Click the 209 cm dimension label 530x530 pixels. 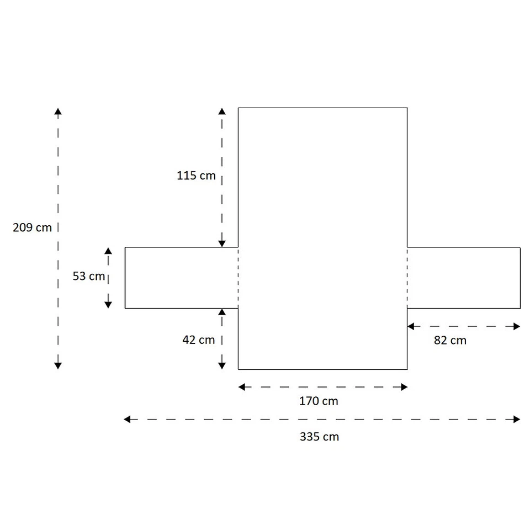33,227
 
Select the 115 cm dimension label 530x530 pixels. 196,176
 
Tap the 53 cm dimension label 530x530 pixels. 88,276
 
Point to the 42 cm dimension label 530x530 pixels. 199,340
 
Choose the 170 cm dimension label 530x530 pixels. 319,401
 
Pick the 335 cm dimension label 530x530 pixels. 319,437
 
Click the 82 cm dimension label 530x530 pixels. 450,341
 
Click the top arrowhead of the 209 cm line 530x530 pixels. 58,112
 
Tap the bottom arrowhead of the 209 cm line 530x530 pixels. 58,365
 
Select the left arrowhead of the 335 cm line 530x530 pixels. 128,420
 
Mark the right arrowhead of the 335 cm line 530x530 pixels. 517,420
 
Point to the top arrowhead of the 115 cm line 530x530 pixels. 222,112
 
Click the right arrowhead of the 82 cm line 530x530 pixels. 517,326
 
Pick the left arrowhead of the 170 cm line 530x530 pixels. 242,387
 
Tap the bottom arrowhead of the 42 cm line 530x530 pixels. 222,365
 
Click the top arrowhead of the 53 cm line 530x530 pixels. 108,251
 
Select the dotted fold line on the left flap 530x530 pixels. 238,278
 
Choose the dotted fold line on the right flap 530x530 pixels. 407,278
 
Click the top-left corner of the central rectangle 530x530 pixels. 238,108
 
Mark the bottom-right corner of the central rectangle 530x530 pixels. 407,369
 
